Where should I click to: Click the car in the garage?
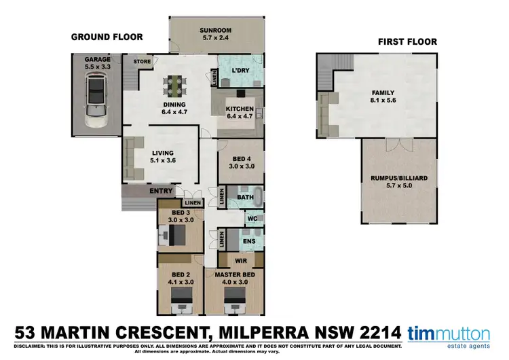[96, 102]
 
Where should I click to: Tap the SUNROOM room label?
[216, 30]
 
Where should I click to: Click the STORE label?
[142, 62]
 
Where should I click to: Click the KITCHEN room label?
[240, 109]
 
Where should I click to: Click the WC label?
[250, 219]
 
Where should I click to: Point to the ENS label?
[249, 240]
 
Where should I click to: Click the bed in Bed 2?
[181, 299]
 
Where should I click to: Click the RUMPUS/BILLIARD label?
[399, 178]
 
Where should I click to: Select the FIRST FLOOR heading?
[407, 41]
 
